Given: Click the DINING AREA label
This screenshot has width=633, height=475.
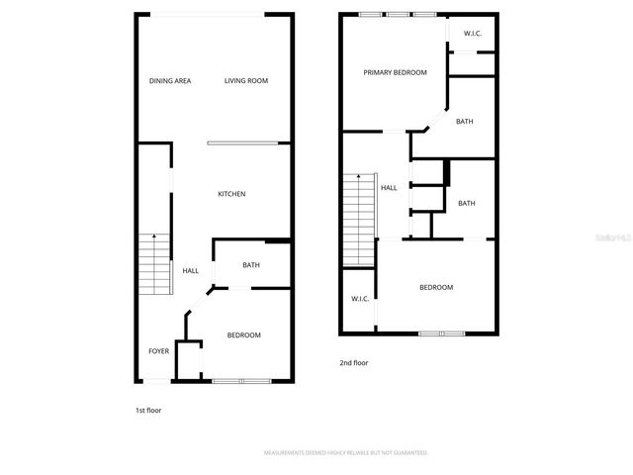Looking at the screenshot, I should pos(170,81).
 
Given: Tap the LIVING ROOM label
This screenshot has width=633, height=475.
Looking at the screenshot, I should pos(245,81).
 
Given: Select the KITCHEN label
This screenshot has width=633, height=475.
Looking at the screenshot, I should pos(231,194).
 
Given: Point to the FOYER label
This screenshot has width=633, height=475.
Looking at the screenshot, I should pos(158,351).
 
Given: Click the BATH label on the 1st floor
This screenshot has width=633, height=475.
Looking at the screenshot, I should pos(251,265).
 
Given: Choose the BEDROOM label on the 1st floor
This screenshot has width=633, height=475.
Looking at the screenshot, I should pos(243,335).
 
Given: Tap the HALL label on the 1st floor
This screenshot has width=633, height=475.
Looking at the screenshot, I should pos(190,271).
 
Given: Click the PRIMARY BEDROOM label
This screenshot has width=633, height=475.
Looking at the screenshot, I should pos(395,73).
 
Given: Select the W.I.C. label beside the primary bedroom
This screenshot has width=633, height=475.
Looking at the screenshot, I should pos(472,34).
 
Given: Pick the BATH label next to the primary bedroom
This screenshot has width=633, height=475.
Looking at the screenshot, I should pos(465,122).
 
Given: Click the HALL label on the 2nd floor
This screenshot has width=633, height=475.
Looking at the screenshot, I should pos(389,187).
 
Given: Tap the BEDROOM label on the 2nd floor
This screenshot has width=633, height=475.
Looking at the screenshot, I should pos(435,288).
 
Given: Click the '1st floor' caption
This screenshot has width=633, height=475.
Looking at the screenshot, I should pos(148,410).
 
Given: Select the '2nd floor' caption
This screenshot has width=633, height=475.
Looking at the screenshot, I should pos(353,363).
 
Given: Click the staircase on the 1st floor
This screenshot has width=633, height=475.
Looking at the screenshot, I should pos(152,264).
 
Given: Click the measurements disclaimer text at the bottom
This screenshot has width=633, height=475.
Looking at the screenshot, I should pos(345,452).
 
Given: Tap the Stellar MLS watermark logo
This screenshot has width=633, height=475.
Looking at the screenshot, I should pos(613,237).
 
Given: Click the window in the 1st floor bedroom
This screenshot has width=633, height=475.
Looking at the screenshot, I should pos(241,381).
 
